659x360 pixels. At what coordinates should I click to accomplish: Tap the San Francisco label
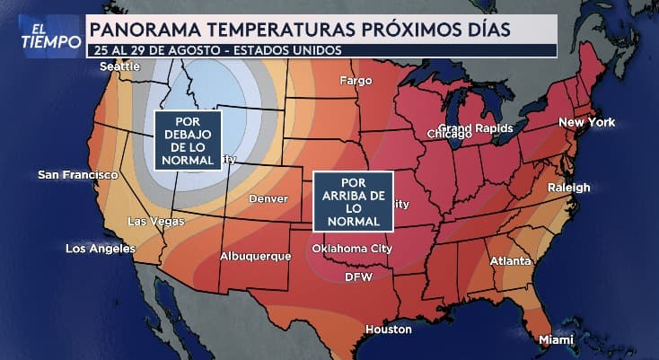(77, 174)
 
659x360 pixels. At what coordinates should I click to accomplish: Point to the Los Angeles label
(101, 248)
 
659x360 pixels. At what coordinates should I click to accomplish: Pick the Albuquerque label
(256, 257)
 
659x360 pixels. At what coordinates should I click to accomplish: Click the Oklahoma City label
(352, 249)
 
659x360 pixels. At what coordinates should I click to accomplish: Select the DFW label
(359, 277)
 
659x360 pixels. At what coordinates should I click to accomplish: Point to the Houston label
(388, 329)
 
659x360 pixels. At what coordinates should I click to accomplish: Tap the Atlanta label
(509, 261)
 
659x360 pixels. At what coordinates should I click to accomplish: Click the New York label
(587, 122)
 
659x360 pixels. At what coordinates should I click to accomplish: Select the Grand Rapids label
(475, 128)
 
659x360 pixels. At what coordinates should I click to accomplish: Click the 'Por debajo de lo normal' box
(187, 141)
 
